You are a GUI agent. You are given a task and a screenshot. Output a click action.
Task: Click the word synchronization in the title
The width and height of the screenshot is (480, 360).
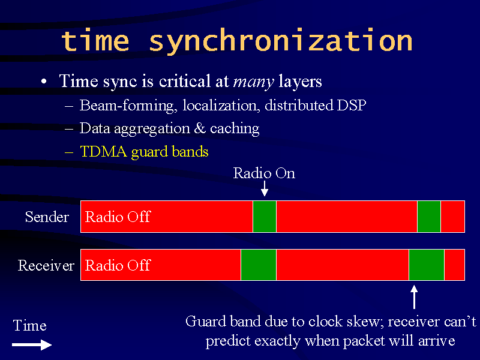tap(281, 41)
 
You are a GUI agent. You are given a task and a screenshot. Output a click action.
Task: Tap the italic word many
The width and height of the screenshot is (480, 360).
tap(253, 82)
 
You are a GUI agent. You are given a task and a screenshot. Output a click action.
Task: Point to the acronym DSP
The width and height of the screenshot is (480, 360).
tap(351, 106)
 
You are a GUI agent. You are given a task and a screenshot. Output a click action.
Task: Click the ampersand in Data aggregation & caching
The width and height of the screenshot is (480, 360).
tap(200, 128)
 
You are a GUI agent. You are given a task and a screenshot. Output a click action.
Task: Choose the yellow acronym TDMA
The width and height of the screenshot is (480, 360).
tap(103, 152)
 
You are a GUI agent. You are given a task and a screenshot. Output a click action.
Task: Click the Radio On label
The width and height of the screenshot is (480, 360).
tap(264, 173)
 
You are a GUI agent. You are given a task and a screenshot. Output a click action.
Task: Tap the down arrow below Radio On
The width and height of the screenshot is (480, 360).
tap(265, 188)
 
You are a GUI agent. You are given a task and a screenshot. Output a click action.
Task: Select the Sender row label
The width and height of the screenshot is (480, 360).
tap(47, 217)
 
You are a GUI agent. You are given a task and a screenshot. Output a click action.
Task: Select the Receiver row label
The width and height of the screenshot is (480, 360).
tap(46, 265)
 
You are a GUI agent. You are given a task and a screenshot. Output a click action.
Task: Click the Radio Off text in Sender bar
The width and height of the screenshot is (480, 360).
tap(118, 217)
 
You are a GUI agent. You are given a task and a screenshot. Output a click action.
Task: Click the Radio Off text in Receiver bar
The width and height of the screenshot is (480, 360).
tap(118, 265)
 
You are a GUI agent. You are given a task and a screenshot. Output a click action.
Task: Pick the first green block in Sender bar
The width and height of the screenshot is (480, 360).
tap(265, 217)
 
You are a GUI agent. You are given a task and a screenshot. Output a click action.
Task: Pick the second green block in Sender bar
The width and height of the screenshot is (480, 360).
tap(429, 217)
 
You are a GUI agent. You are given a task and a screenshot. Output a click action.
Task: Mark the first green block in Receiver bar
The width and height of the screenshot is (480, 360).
tap(259, 265)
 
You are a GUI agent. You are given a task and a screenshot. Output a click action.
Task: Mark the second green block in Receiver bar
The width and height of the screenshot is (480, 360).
tap(427, 265)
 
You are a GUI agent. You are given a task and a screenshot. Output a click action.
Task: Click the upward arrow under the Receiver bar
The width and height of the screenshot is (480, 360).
tap(414, 297)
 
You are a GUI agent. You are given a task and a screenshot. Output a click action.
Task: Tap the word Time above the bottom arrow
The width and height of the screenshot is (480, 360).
tap(29, 325)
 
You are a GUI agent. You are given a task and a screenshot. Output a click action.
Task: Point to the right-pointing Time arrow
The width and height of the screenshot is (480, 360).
tap(32, 344)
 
